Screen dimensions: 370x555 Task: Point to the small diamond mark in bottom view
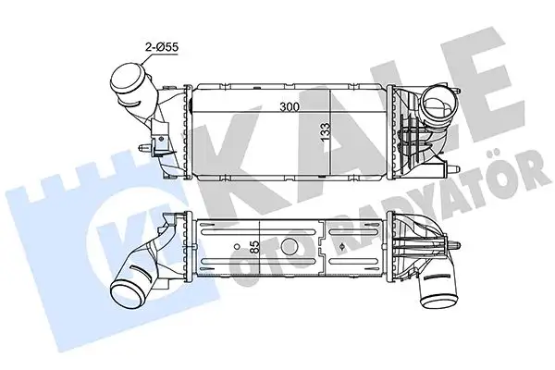341,247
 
